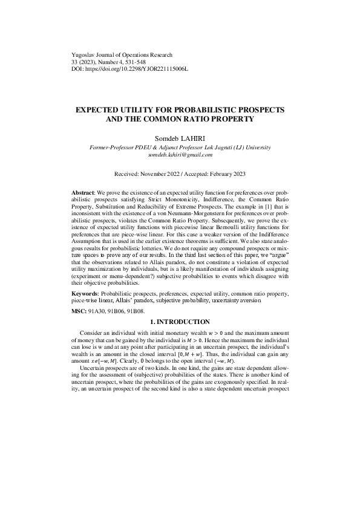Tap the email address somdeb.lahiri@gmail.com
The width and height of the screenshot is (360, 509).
pyautogui.click(x=180, y=155)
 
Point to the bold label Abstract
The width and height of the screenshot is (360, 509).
pyautogui.click(x=83, y=192)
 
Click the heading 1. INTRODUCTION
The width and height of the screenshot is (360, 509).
pyautogui.click(x=180, y=322)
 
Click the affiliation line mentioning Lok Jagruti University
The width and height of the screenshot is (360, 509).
pyautogui.click(x=180, y=147)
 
